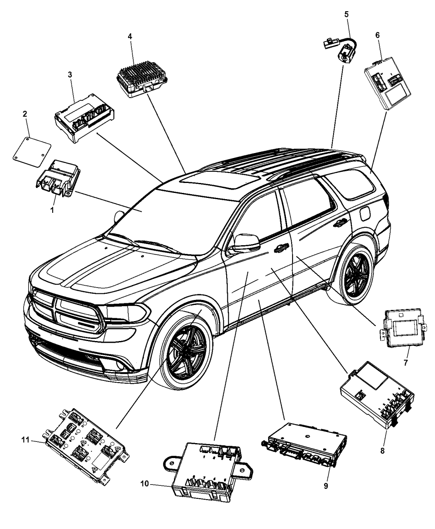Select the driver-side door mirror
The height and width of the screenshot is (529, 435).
244,244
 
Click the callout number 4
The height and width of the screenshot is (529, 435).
130,37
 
